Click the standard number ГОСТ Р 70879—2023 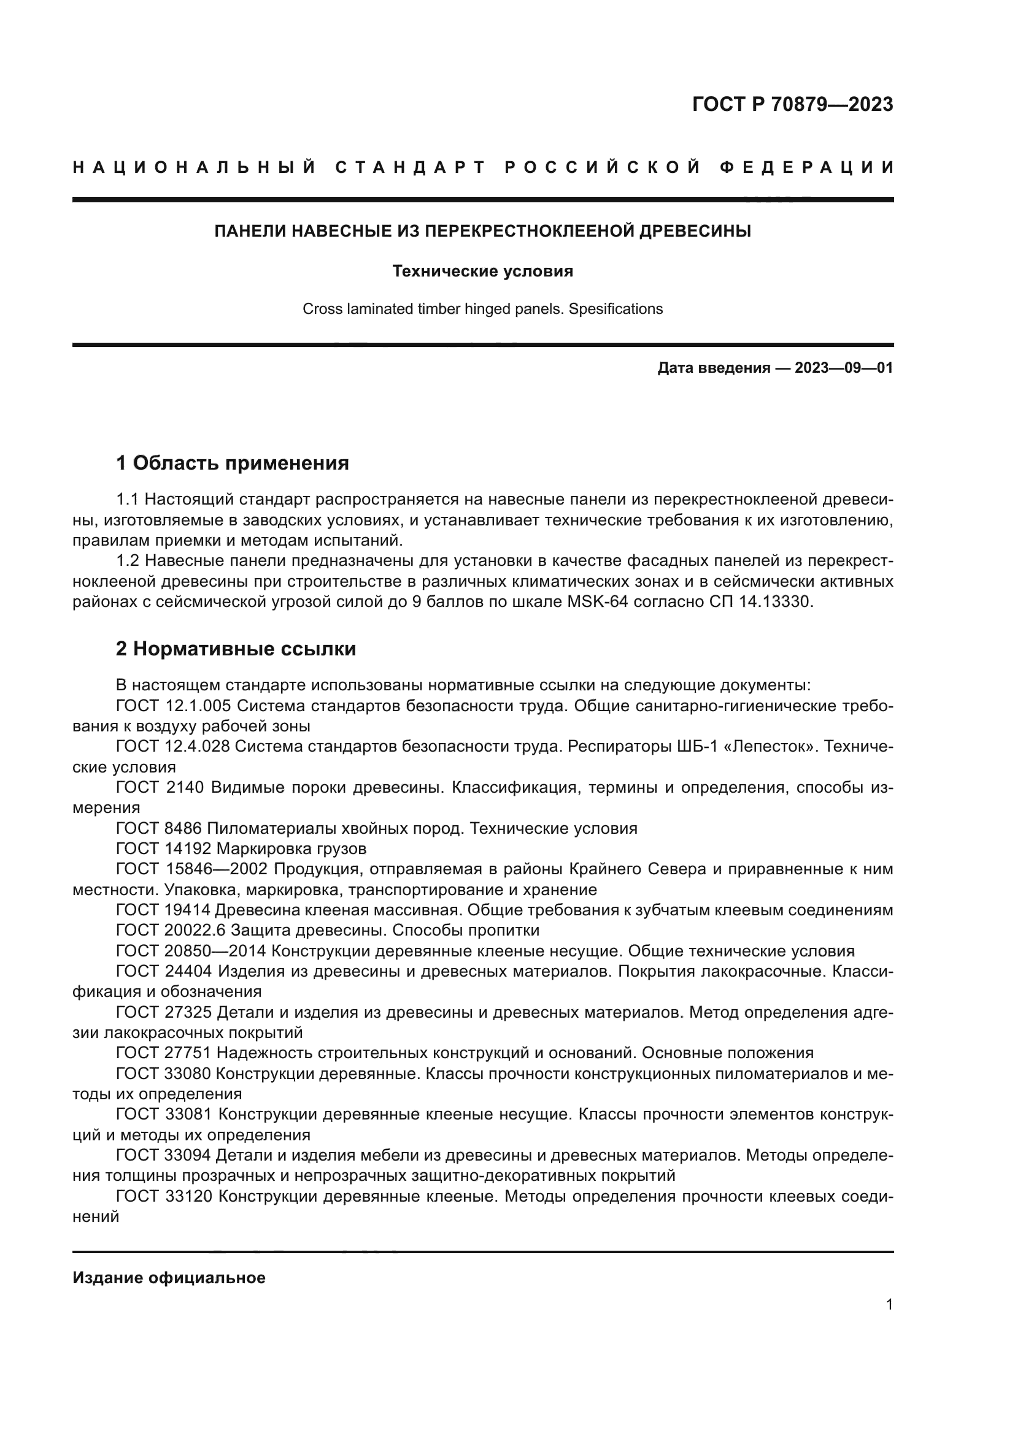792,104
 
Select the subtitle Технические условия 482,271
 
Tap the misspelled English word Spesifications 615,309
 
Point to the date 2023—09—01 844,368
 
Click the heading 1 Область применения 233,463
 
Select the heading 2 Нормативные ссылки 236,649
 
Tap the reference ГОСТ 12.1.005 174,706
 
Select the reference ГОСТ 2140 160,788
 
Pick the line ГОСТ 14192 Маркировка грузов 241,849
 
